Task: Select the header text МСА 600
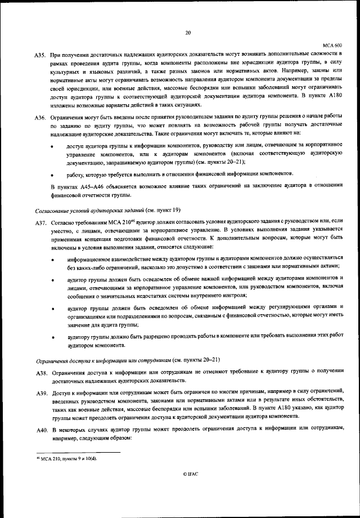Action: [x=333, y=44]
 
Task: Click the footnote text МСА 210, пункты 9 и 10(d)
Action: [x=70, y=458]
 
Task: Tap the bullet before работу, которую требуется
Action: [x=53, y=175]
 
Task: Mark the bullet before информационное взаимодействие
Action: [x=53, y=260]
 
